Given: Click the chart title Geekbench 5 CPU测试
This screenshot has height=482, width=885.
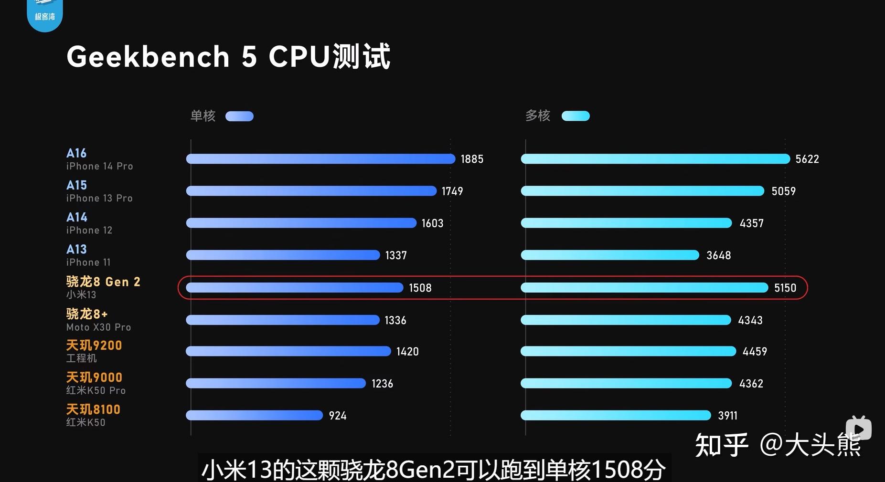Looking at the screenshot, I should coord(228,56).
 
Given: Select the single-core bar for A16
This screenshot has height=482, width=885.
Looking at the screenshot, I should coord(320,159).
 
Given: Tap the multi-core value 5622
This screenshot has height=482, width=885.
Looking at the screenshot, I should coord(807,159).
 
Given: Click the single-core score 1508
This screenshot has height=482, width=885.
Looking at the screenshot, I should coord(420,288).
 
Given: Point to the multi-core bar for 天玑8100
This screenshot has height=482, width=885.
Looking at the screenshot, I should coord(616,415).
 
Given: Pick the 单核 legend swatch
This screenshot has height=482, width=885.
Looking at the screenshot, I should coord(239,116).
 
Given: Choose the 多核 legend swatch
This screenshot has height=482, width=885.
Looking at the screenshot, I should coord(576,116).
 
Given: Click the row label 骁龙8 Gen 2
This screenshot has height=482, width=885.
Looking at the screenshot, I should coord(103,282).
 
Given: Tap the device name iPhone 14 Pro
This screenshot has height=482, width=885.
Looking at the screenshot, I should coord(99,166).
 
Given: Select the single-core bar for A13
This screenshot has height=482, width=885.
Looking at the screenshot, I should coord(283,255).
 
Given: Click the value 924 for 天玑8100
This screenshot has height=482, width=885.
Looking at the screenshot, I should coord(337,416).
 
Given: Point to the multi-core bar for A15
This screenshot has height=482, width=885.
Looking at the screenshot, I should coord(642,191).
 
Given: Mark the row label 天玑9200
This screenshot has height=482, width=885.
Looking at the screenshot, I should coord(94,345).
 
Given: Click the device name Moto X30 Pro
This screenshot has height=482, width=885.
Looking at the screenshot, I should coord(98,327).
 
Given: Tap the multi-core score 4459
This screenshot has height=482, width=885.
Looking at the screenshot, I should coord(755,352).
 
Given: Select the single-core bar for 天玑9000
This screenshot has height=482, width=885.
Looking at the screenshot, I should coord(276,383).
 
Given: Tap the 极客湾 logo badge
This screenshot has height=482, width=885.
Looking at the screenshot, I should coord(45,14).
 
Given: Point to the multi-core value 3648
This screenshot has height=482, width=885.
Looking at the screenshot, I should coord(718,255).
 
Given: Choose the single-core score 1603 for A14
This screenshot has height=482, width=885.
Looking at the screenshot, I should coord(432,223).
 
